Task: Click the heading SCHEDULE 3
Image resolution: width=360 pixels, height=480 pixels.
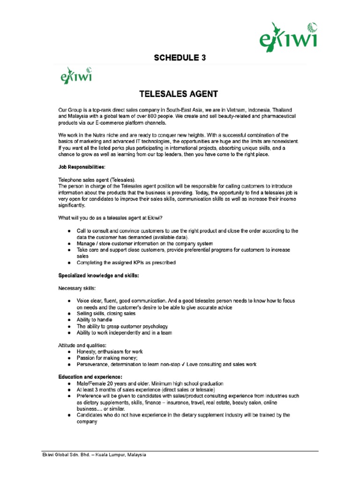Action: pos(180,58)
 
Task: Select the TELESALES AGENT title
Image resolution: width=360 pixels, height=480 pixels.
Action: pos(180,94)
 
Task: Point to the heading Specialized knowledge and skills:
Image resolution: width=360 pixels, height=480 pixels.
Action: pos(98,276)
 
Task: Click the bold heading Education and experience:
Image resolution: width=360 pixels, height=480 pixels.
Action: pos(90,376)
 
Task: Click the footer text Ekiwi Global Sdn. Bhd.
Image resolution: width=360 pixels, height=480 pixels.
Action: pos(94,455)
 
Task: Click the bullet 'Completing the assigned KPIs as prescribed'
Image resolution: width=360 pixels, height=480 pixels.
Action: pos(126,262)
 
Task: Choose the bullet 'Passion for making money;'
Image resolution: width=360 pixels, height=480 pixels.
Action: pos(110,358)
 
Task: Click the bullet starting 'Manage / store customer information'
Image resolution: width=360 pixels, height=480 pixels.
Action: pos(145,244)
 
